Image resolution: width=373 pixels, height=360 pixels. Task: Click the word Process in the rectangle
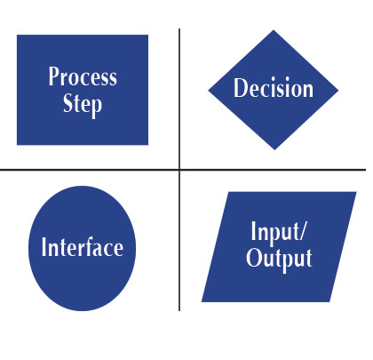tap(83, 76)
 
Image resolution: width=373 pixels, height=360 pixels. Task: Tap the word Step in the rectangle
tap(83, 105)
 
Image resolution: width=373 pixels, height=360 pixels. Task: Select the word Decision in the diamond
tap(274, 88)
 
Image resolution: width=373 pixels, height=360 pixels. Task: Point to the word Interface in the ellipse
tap(83, 246)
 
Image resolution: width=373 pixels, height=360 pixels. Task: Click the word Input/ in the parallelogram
tap(278, 233)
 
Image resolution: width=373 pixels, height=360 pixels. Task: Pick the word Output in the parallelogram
tap(279, 259)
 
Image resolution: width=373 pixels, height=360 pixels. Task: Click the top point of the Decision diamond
tap(274, 30)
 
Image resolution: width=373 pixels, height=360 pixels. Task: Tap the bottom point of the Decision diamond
tap(274, 149)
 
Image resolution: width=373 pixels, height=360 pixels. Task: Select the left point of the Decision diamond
tap(209, 91)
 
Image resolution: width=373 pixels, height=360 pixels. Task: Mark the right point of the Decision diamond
tap(338, 90)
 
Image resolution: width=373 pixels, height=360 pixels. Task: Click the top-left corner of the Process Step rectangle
tap(17, 35)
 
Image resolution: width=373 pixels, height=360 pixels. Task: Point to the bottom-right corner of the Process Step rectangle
tap(148, 145)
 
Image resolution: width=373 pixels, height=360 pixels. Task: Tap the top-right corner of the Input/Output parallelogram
tap(356, 192)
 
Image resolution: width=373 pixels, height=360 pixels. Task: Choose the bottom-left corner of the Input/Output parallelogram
tap(202, 301)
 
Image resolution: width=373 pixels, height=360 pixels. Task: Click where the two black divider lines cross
tap(179, 170)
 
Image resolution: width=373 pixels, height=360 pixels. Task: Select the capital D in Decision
tap(240, 88)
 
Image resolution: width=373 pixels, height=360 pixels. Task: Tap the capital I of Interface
tap(44, 246)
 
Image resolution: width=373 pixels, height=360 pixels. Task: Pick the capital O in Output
tap(252, 257)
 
